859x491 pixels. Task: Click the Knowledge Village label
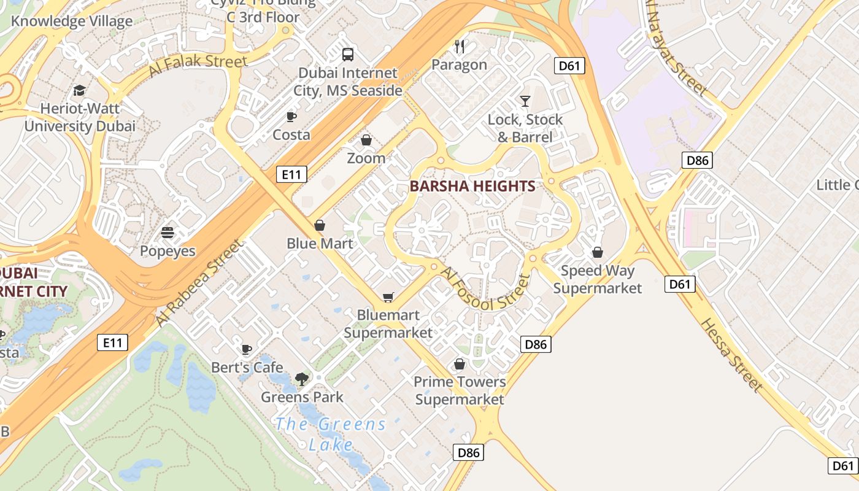(x=72, y=21)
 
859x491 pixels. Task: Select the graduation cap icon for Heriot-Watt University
(x=79, y=91)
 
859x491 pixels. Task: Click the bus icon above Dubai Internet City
(x=348, y=54)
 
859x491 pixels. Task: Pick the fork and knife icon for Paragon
(x=460, y=46)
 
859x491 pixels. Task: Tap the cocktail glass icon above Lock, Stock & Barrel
(x=525, y=101)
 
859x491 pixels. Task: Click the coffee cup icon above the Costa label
(x=291, y=117)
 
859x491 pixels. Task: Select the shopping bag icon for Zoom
(x=366, y=140)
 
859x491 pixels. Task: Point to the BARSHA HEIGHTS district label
(x=472, y=186)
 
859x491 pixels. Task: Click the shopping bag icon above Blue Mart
(x=320, y=225)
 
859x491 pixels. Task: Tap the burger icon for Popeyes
(x=168, y=233)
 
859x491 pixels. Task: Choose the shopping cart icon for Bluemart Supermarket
(x=388, y=298)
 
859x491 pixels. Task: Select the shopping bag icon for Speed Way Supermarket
(x=598, y=252)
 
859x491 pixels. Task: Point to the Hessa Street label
(x=731, y=355)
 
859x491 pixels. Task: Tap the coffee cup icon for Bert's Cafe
(x=247, y=349)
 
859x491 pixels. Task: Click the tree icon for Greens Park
(x=301, y=379)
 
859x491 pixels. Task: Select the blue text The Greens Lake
(x=331, y=434)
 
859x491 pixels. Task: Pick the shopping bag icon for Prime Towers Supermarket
(x=460, y=364)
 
